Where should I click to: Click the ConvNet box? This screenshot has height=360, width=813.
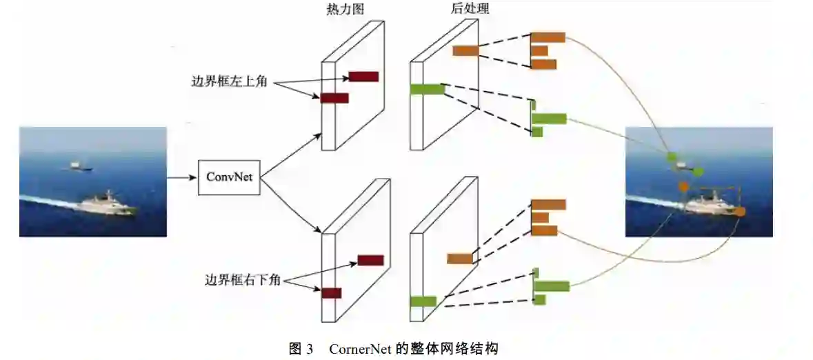(x=229, y=177)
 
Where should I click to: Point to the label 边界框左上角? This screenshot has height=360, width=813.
(x=228, y=82)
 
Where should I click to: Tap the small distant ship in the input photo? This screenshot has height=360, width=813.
(x=77, y=166)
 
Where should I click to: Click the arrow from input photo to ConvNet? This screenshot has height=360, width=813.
(x=182, y=177)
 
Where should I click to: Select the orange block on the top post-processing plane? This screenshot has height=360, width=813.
(x=465, y=50)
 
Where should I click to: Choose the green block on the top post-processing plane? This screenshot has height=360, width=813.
(x=427, y=89)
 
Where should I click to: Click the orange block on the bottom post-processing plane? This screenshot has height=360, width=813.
(x=459, y=259)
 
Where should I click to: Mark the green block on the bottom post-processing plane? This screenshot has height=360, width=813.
(x=423, y=301)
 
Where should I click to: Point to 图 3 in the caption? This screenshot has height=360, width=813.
(x=301, y=348)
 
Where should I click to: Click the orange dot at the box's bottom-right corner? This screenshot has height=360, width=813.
(x=741, y=211)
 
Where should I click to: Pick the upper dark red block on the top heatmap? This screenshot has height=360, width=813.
(x=363, y=77)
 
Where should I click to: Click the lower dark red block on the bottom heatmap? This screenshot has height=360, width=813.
(x=331, y=293)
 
